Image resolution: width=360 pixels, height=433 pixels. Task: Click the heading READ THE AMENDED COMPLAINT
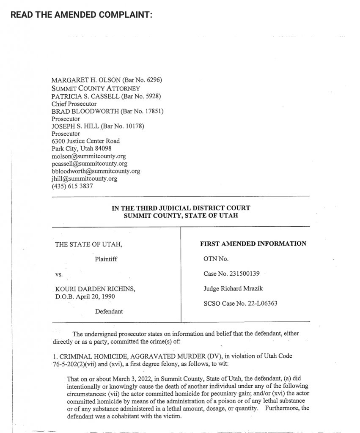coord(81,14)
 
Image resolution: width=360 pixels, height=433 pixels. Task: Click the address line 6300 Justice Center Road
coord(85,141)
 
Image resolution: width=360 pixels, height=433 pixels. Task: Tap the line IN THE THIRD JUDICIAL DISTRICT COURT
coord(181,208)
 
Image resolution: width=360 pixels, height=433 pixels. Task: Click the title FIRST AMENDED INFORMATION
coord(253,244)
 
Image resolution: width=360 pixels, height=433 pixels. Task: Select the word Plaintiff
coord(105,259)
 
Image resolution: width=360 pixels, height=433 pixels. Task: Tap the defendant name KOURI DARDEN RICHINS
coord(95,289)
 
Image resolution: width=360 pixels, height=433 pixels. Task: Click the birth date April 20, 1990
coord(96,296)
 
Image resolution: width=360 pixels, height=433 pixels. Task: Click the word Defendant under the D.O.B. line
coord(109,311)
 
